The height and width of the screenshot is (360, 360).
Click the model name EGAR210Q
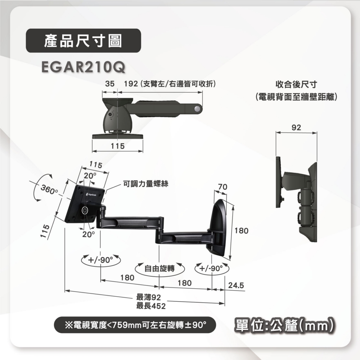(84, 67)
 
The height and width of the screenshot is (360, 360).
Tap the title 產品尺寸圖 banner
(83, 41)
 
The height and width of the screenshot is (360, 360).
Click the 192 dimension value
(131, 84)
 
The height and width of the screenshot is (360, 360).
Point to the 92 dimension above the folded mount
(296, 128)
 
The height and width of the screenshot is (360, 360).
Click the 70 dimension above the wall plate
(222, 186)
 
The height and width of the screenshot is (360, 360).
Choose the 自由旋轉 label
(159, 268)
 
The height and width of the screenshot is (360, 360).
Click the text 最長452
(151, 306)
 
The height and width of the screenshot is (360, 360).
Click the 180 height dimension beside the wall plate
(241, 230)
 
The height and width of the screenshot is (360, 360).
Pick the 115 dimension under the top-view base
(117, 147)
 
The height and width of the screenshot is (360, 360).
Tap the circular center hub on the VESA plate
(85, 210)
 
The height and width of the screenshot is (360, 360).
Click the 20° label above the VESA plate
(90, 176)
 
